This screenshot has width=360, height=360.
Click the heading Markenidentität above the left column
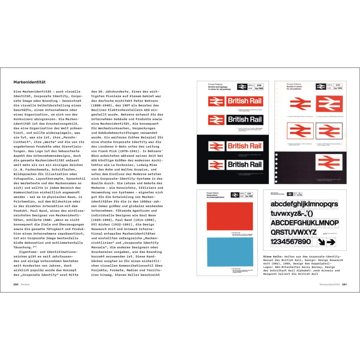30,82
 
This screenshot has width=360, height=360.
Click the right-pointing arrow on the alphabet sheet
331,242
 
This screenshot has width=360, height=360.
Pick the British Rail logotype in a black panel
245,119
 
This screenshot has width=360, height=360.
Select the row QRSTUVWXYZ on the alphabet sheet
294,232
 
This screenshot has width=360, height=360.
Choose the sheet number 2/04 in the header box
259,85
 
